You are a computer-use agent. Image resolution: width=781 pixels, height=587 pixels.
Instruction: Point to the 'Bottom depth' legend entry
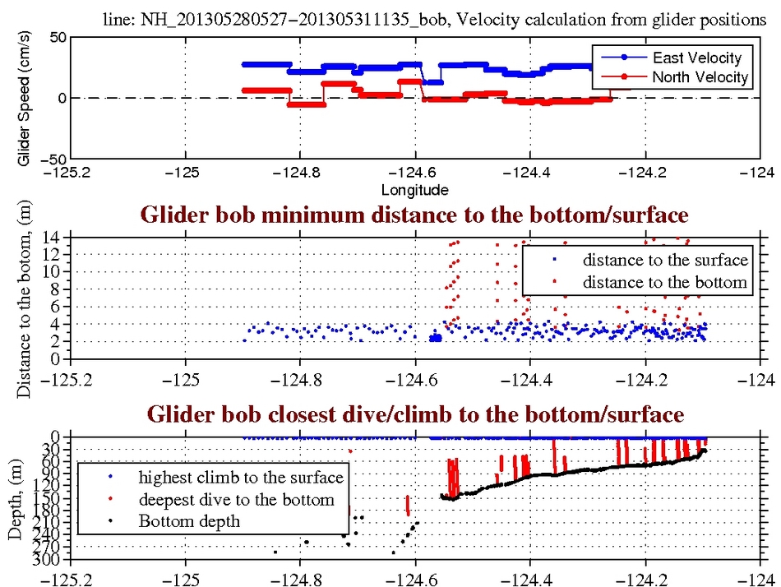189,520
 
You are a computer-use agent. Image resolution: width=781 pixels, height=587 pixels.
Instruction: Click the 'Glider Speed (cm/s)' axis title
25,99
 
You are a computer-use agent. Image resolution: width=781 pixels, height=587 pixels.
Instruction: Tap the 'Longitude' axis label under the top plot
415,190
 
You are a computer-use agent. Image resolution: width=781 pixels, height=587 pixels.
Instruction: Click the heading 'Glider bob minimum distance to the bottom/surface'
414,216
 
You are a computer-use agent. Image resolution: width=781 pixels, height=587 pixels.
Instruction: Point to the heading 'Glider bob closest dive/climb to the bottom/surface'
414,414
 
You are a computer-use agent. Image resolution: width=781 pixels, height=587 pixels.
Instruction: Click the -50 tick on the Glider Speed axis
51,158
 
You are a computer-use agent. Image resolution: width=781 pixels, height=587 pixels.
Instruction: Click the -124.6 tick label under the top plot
414,174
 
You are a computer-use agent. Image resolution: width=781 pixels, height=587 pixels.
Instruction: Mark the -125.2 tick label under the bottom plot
69,577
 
